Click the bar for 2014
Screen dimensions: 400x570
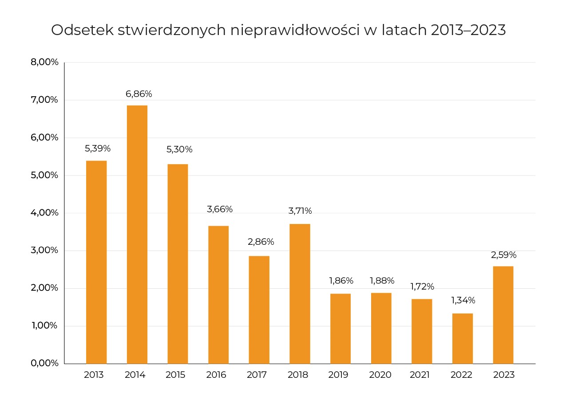(137, 234)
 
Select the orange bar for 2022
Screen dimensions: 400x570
(462, 338)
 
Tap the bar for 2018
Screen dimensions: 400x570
(300, 294)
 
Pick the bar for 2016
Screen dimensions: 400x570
(218, 294)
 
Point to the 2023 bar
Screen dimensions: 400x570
(503, 315)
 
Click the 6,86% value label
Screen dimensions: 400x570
(139, 94)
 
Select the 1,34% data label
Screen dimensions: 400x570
(463, 300)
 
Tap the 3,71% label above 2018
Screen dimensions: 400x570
(300, 211)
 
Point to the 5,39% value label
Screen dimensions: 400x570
(97, 149)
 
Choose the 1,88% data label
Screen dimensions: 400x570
(382, 281)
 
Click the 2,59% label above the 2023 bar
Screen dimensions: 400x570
(503, 255)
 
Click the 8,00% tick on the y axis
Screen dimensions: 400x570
(44, 62)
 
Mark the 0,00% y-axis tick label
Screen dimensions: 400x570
(44, 363)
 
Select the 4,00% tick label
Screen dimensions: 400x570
(44, 212)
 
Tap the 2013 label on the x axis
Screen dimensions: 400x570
(94, 375)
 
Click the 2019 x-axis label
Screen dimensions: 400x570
(338, 375)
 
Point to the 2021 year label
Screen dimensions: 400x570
(420, 375)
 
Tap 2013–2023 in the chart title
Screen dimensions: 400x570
(468, 30)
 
